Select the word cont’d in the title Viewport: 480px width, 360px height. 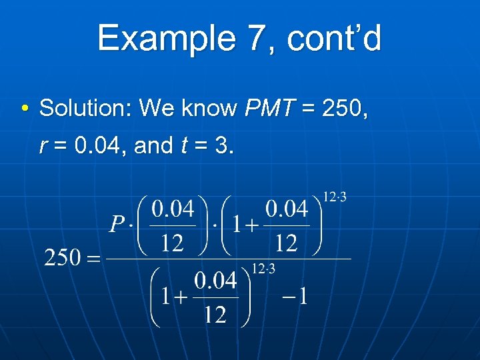pos(335,39)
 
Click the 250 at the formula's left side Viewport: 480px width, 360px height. pos(63,258)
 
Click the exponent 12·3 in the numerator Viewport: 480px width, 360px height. pos(335,197)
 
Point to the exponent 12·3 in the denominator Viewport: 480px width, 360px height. pos(264,269)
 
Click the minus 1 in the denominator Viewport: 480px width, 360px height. pos(293,296)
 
